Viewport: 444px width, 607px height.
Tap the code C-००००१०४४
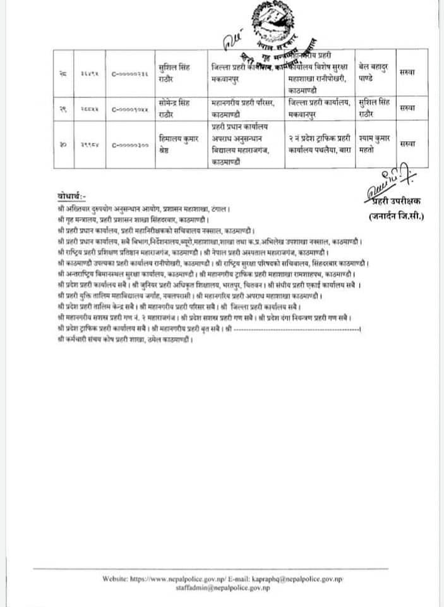tap(130, 109)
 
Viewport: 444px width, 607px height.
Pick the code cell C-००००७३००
tap(130, 145)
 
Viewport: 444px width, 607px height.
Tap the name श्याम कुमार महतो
tap(372, 145)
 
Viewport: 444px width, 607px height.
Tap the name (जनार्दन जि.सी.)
tap(397, 217)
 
